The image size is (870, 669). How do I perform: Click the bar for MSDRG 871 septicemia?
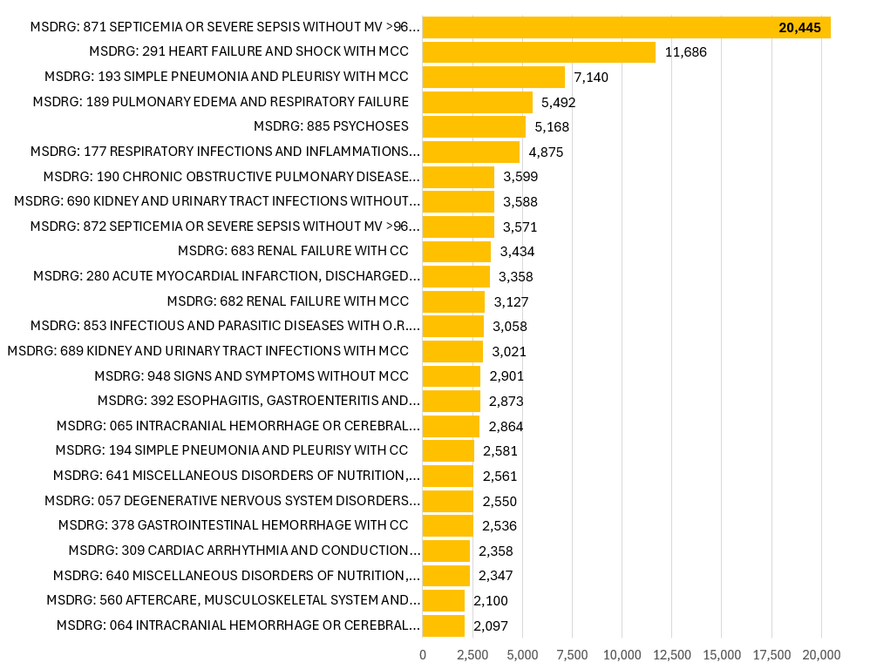[626, 28]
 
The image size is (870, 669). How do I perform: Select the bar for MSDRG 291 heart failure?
[539, 52]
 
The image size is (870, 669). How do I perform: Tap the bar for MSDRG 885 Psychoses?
[474, 127]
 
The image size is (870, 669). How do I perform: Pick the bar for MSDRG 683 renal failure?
[457, 252]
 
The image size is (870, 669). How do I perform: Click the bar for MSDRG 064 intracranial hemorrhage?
[444, 625]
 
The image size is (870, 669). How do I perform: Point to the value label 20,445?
[799, 28]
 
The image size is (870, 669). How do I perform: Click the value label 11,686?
[685, 52]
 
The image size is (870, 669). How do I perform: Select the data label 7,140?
[591, 78]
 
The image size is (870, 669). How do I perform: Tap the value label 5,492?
[559, 102]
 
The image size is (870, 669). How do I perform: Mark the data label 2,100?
[491, 600]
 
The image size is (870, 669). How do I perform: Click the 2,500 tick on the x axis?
[472, 654]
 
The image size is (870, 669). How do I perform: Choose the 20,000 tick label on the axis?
[821, 654]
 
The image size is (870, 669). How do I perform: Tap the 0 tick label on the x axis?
[423, 654]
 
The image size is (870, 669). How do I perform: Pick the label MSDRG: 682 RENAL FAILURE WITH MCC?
[288, 301]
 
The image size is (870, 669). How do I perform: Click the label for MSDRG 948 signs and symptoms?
[252, 376]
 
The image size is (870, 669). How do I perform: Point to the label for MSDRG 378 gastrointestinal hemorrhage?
[234, 525]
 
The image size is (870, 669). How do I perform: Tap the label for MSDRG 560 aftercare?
[234, 600]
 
